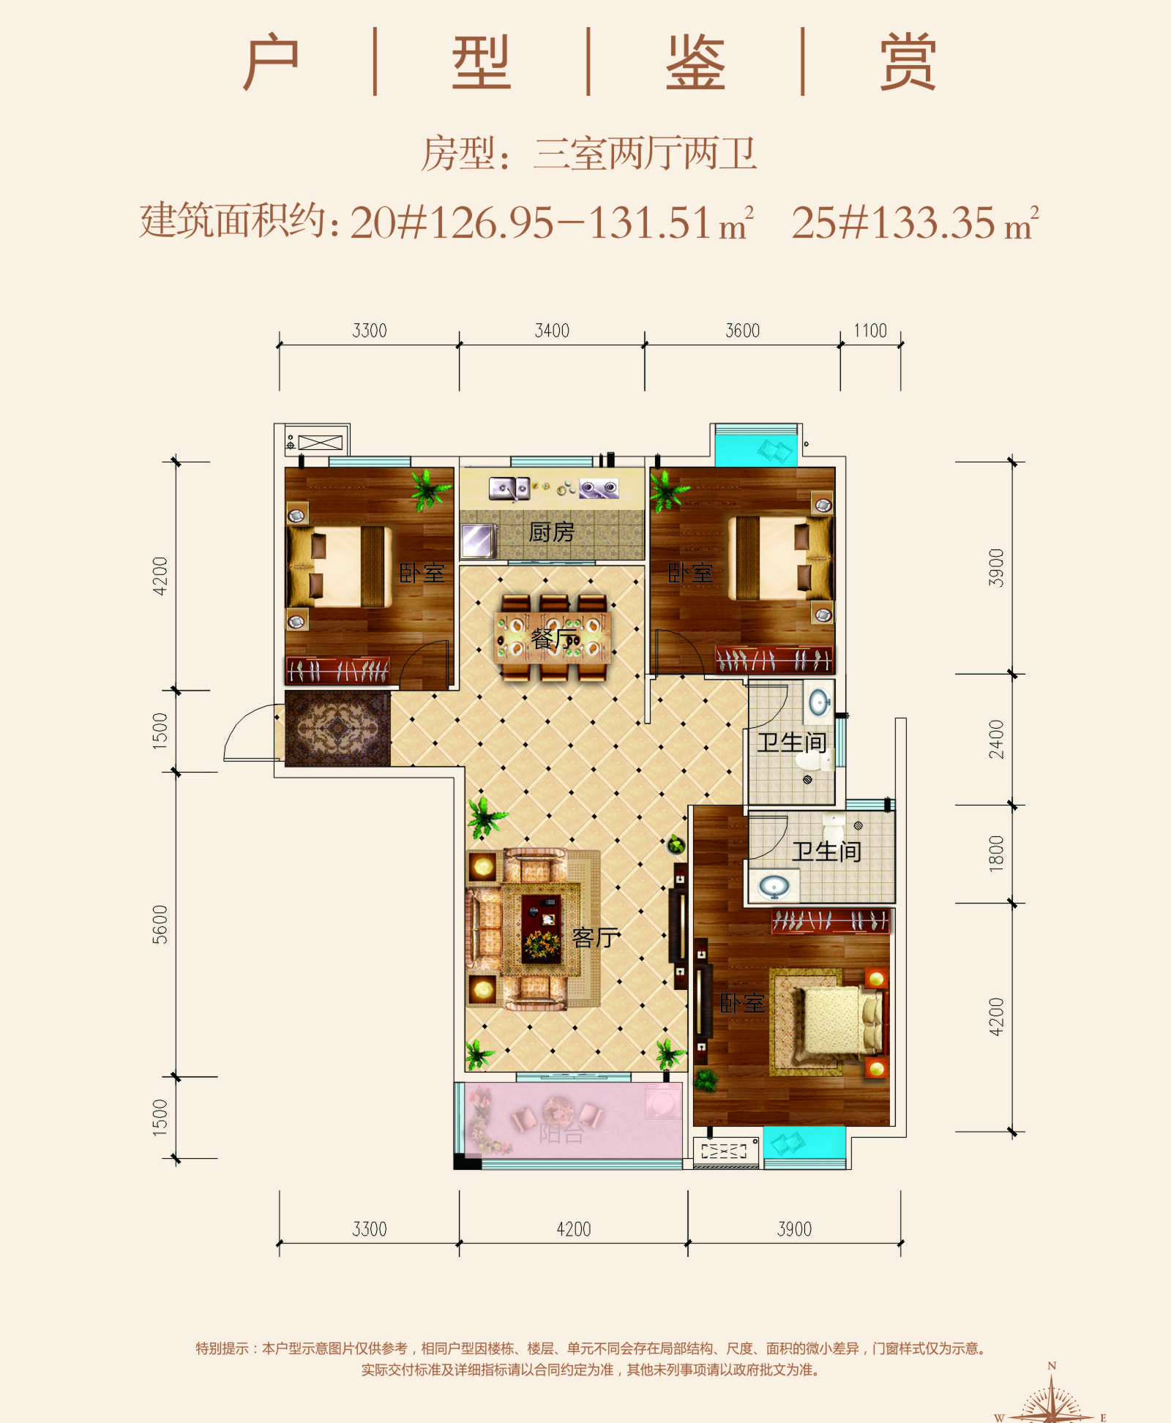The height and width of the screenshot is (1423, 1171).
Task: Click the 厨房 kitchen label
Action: [551, 532]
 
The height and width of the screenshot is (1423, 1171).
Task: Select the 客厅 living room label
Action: [595, 937]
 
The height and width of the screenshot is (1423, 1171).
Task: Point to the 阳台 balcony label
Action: [561, 1133]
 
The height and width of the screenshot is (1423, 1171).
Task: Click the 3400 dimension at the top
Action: [552, 331]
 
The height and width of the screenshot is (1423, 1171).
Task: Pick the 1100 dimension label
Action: [870, 331]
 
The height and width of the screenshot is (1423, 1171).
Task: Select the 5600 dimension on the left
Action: [160, 924]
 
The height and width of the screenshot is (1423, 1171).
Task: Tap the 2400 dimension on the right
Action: [996, 739]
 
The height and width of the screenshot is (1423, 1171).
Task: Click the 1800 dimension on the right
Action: [996, 853]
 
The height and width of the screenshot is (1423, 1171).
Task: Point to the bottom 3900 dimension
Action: [794, 1229]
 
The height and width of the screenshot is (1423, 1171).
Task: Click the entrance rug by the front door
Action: [337, 729]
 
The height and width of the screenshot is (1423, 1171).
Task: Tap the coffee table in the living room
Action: [541, 928]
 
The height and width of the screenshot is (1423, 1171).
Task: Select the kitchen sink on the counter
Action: [509, 487]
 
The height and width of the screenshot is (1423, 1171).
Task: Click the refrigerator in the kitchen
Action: [477, 541]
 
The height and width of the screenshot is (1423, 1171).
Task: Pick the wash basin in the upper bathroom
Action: [819, 702]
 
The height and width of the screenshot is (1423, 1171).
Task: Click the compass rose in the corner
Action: [1052, 1401]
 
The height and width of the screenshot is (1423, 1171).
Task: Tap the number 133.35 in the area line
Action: [933, 222]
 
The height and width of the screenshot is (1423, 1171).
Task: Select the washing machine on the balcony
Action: [662, 1101]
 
